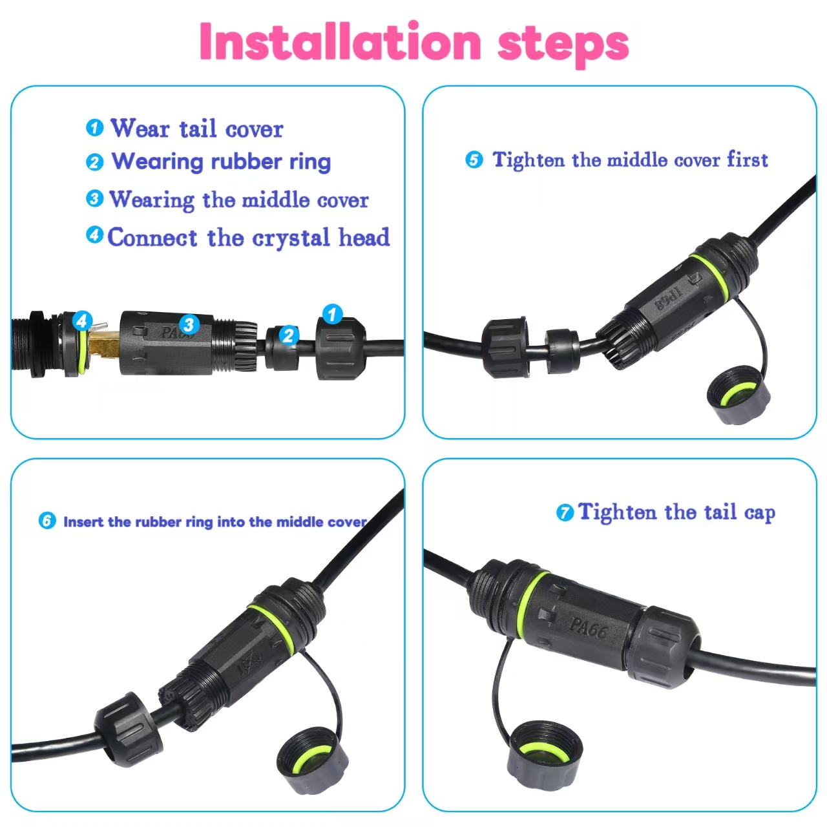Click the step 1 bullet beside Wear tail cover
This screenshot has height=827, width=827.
94,127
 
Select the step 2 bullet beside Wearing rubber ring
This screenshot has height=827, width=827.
94,162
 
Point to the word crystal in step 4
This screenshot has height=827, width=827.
291,238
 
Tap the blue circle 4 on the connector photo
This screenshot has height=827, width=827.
82,320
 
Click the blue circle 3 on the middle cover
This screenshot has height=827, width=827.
189,324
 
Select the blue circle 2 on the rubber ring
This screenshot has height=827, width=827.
289,335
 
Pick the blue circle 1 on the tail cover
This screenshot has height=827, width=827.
332,314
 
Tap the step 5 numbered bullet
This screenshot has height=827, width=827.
474,160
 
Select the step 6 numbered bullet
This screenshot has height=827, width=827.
47,521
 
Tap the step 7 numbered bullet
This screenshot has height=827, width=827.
565,513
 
